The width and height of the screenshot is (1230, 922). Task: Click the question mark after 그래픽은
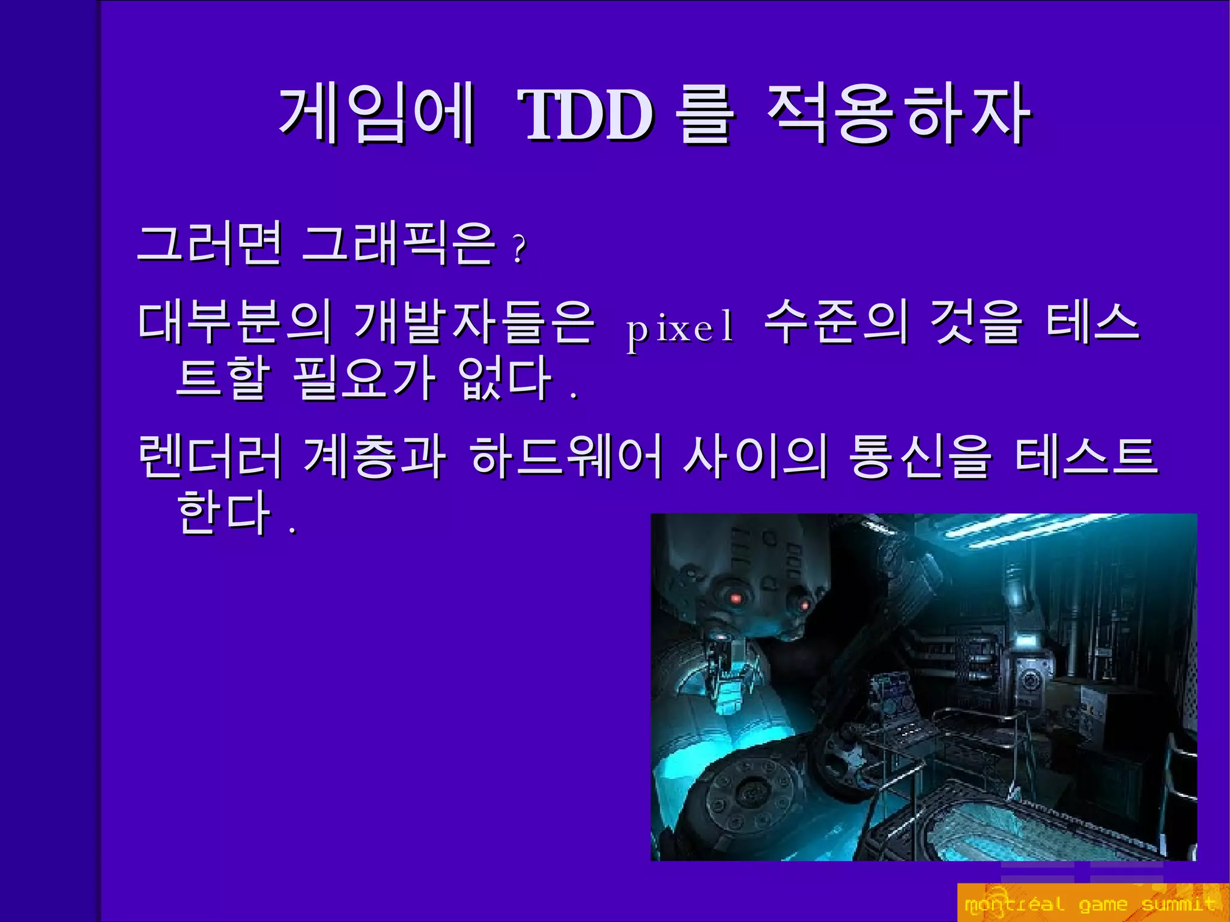[520, 249]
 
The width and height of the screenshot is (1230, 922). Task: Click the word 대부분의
[235, 323]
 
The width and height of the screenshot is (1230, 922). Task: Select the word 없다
[505, 378]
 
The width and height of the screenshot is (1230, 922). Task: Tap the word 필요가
[364, 378]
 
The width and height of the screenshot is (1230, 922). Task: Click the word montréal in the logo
[1014, 904]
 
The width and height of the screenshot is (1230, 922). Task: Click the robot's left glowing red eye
[735, 598]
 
